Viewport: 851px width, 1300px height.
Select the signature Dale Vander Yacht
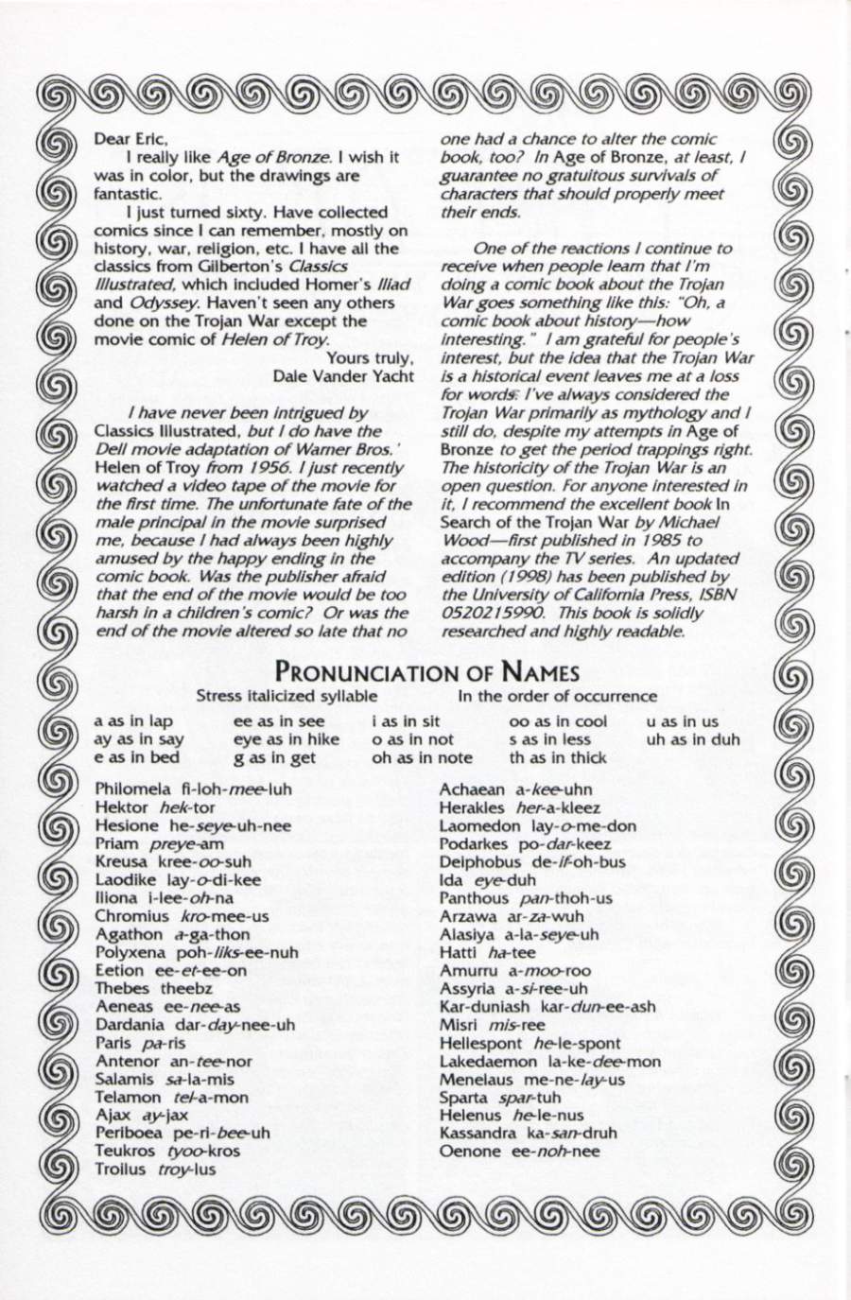coord(342,375)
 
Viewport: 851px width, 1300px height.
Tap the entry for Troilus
coord(156,1170)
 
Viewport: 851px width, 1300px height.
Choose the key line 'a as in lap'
coord(133,721)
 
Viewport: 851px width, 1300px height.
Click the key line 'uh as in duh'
coord(693,739)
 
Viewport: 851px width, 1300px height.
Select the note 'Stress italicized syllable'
coord(280,697)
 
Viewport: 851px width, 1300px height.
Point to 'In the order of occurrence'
coord(557,697)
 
